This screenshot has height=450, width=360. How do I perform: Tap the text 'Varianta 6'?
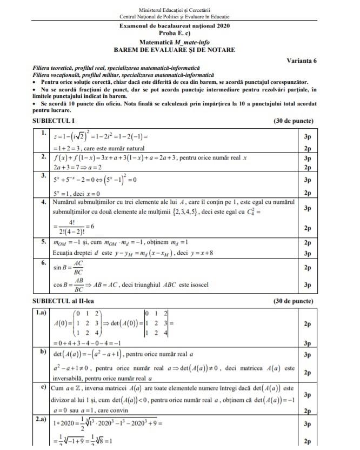[302, 60]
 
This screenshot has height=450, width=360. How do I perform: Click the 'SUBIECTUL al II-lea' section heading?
[65, 300]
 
